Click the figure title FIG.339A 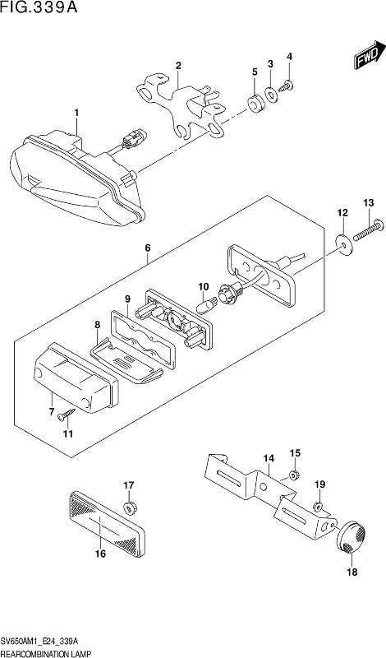click(x=39, y=7)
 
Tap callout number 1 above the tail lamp click(x=76, y=113)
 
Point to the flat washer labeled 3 click(x=272, y=94)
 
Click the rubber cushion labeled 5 click(x=255, y=104)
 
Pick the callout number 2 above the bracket click(x=178, y=66)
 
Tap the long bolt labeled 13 click(x=369, y=232)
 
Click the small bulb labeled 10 click(x=208, y=302)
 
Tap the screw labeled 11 click(x=67, y=414)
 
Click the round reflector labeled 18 click(x=352, y=537)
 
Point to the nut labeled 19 click(x=318, y=506)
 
